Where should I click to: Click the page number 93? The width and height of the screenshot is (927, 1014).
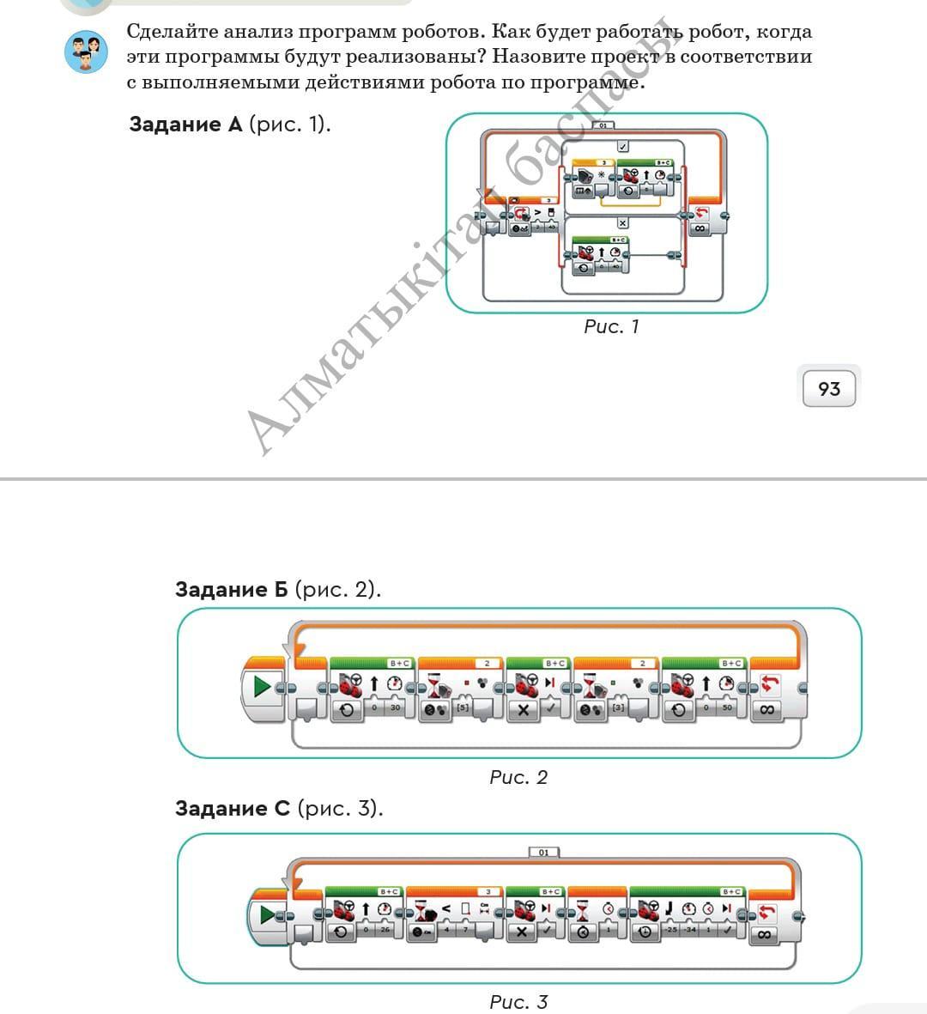pos(828,389)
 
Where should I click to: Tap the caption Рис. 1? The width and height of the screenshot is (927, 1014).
pos(611,326)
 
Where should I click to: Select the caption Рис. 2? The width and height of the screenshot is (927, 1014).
pos(518,777)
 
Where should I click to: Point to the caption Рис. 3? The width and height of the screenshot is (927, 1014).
pos(518,1001)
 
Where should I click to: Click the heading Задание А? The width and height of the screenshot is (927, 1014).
pos(185,124)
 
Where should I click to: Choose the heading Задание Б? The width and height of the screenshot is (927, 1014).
pos(232,589)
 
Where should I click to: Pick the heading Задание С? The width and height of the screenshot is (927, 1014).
pos(232,808)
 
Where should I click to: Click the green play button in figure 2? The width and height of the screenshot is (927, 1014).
pos(263,687)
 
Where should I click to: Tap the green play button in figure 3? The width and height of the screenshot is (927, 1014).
pos(268,914)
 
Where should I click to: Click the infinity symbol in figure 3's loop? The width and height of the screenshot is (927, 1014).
pos(764,934)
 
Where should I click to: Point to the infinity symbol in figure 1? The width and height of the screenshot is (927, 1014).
pos(700,228)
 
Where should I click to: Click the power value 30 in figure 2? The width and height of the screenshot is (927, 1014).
pos(395,708)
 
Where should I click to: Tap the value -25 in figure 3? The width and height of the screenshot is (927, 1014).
pos(670,931)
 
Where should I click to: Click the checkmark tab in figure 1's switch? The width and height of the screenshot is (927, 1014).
pos(623,147)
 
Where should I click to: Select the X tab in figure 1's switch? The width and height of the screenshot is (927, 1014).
pos(623,222)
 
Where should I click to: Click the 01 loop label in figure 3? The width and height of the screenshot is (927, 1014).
pos(543,853)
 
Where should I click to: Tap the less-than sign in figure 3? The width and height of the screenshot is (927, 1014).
pos(446,908)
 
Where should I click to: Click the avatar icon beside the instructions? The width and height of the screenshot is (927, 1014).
pos(86,52)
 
